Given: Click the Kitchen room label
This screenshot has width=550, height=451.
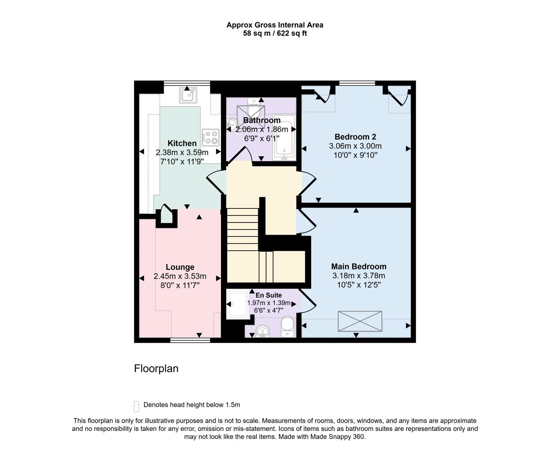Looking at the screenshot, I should (182, 143).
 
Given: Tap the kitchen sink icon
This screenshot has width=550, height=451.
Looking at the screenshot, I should (187, 95).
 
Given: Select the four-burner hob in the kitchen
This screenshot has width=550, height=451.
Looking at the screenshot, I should (210, 137).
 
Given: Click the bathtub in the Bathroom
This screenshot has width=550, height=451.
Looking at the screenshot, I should (284, 137).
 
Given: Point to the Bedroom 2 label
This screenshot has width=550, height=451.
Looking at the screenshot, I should (355, 137).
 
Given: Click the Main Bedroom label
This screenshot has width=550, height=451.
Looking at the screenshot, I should (358, 266).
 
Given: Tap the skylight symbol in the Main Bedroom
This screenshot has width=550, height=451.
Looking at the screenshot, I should (360, 321).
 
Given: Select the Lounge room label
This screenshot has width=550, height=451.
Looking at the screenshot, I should (180, 267).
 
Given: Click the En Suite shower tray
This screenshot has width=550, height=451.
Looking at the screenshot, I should (237, 305).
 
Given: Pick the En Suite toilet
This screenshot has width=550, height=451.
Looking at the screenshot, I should (287, 326).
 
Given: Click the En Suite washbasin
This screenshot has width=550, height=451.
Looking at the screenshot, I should (262, 331).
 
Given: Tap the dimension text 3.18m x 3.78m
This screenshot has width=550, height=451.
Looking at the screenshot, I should (358, 276).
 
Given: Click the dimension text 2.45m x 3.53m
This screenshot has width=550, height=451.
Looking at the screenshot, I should (180, 276).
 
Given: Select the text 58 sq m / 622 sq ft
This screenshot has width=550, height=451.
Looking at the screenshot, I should (275, 33).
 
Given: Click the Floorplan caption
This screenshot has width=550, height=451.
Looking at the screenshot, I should (156, 368).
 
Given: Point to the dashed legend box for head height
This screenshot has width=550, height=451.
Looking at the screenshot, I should (136, 406).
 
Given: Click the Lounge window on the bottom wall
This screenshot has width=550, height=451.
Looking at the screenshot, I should (190, 341).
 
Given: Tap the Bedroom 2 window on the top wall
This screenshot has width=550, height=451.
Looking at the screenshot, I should (357, 83).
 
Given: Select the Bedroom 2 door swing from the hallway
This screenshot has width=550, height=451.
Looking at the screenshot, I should (308, 184).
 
